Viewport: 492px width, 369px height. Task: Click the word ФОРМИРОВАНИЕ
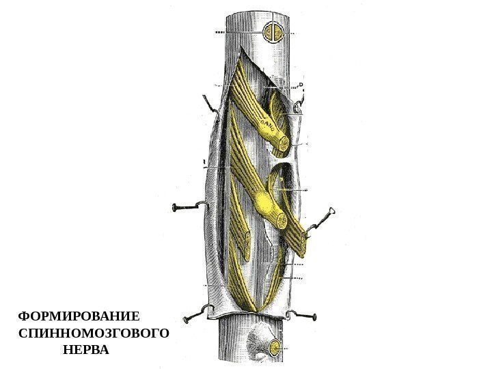[79, 318]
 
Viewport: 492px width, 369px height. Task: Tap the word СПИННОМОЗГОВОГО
[94, 334]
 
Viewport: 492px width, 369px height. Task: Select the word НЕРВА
[85, 351]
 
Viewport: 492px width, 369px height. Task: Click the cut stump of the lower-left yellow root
[243, 239]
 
